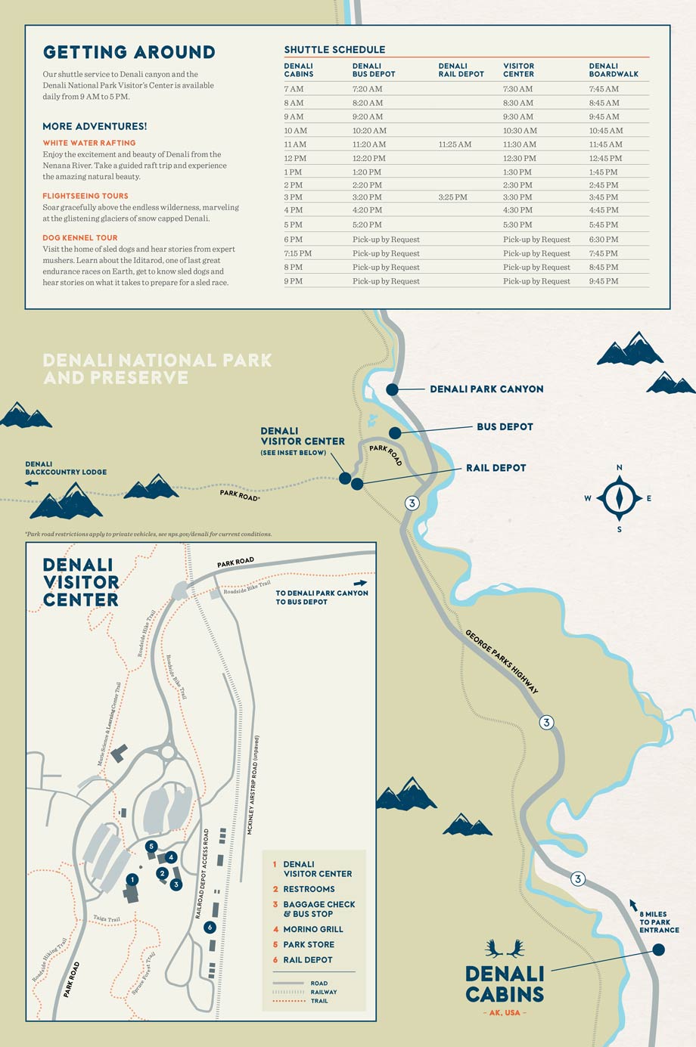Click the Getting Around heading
[129, 52]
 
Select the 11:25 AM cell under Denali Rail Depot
[455, 144]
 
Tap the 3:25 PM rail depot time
[452, 197]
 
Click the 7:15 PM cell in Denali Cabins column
[297, 253]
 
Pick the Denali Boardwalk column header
[614, 70]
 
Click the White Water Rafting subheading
[89, 143]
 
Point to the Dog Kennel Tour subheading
[80, 237]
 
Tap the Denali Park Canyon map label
[486, 389]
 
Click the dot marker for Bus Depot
[395, 433]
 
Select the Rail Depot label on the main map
[496, 468]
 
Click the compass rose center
[619, 498]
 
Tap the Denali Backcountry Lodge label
[66, 468]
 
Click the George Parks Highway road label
[502, 661]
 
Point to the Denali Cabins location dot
[658, 949]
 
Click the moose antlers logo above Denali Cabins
[505, 948]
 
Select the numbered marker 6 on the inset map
[210, 927]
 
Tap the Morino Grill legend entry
[312, 929]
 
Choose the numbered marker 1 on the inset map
[132, 879]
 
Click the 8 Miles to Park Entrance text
[658, 922]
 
